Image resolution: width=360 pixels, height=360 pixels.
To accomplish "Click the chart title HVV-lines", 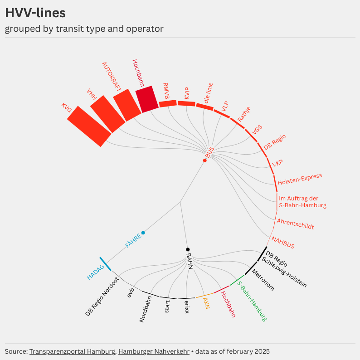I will pyautogui.click(x=35, y=13).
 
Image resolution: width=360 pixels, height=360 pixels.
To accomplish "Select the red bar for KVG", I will pyautogui.click(x=89, y=126).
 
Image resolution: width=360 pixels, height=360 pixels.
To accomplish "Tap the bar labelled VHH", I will pyautogui.click(x=107, y=114).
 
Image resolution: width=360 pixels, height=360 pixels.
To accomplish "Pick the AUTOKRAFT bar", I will pyautogui.click(x=127, y=105).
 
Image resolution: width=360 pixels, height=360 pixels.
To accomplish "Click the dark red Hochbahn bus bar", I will pyautogui.click(x=147, y=99).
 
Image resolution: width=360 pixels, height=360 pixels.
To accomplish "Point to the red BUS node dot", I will pyautogui.click(x=205, y=161).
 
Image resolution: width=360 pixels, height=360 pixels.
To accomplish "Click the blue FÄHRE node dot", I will pyautogui.click(x=143, y=233).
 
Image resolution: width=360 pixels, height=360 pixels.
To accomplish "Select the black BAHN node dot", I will pyautogui.click(x=188, y=249).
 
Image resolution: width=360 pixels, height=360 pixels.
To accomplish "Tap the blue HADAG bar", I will pyautogui.click(x=105, y=264).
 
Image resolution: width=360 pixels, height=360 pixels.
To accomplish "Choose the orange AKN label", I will pyautogui.click(x=206, y=303).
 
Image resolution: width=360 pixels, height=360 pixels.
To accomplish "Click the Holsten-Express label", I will pyautogui.click(x=300, y=179).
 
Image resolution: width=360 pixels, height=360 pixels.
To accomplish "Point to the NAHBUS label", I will pyautogui.click(x=283, y=243).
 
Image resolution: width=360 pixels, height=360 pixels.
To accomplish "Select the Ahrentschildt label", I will pyautogui.click(x=295, y=224).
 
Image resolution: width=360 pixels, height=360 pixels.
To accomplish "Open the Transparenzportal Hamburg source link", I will pyautogui.click(x=72, y=351).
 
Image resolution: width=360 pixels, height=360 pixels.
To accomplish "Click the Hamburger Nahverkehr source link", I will pyautogui.click(x=154, y=351).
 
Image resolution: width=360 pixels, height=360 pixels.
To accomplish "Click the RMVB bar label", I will pyautogui.click(x=166, y=91).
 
